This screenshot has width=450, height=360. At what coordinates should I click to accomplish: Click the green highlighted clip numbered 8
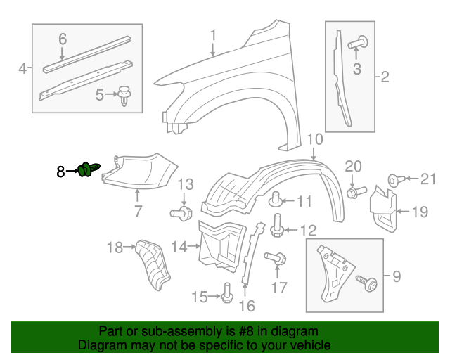click(x=89, y=169)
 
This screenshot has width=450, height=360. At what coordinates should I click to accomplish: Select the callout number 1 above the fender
click(x=213, y=34)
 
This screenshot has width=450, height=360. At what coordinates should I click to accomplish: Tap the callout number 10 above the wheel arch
click(x=314, y=139)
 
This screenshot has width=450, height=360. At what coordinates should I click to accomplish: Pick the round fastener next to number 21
click(x=394, y=180)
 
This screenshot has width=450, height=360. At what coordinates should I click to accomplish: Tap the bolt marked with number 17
click(x=276, y=260)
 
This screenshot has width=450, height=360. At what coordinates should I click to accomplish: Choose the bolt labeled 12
click(x=277, y=224)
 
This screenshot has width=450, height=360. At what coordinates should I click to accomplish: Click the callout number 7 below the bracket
click(x=138, y=210)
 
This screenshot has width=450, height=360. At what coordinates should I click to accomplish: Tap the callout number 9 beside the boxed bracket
click(x=396, y=277)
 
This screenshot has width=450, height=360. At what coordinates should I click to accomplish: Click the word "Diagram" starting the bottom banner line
click(x=99, y=345)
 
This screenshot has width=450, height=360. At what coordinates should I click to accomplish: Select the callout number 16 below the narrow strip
click(x=246, y=306)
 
